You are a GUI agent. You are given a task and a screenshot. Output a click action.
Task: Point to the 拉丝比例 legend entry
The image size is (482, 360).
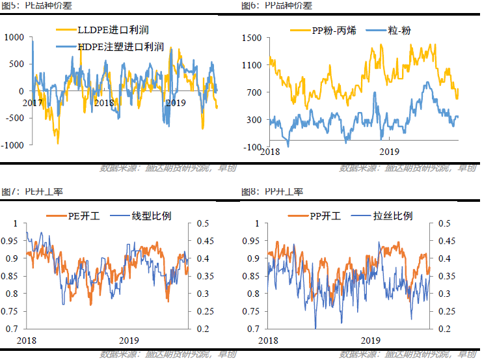pyautogui.click(x=384, y=215)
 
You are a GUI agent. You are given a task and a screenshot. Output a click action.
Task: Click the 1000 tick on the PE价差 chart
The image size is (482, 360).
pyautogui.click(x=13, y=37)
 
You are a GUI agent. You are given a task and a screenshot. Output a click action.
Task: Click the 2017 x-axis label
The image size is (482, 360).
pyautogui.click(x=33, y=103)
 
